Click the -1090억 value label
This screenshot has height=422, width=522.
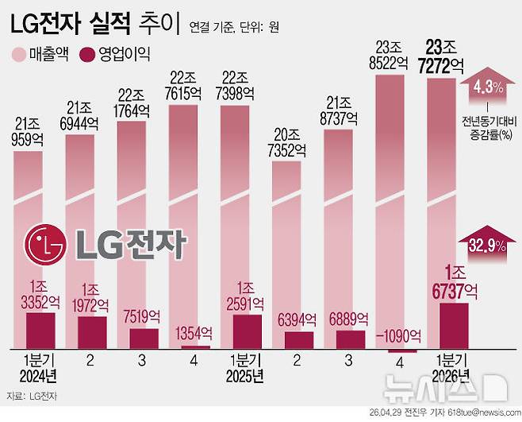(401, 334)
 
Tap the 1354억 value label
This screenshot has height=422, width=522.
(194, 333)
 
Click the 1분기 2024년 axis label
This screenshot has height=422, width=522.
(38, 366)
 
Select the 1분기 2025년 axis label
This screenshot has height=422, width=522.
(245, 366)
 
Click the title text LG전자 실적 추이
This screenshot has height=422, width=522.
(95, 25)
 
